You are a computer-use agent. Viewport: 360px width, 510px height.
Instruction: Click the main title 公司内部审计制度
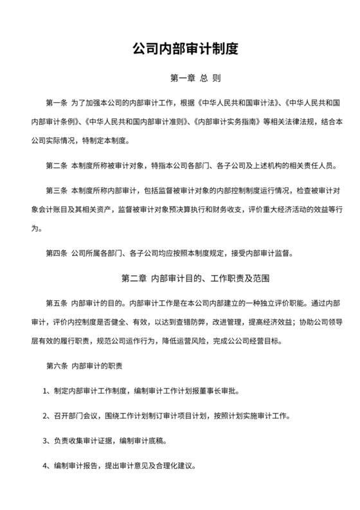[x=180, y=48]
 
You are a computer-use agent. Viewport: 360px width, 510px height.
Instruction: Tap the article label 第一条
[x=57, y=104]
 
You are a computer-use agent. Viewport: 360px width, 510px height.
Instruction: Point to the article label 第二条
[x=57, y=166]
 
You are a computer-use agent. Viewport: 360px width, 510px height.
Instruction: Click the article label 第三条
[x=57, y=191]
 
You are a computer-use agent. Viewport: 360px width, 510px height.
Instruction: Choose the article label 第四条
[x=57, y=235]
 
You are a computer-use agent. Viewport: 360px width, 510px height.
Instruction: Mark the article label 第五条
[x=57, y=284]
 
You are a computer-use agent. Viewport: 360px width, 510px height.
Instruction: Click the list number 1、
[x=46, y=391]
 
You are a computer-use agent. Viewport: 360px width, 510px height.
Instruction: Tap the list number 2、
[x=46, y=416]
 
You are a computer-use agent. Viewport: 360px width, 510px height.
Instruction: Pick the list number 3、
[x=46, y=441]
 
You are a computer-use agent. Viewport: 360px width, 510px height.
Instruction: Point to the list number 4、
[x=46, y=466]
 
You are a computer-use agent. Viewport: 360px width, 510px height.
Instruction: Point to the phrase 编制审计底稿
[x=141, y=441]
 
